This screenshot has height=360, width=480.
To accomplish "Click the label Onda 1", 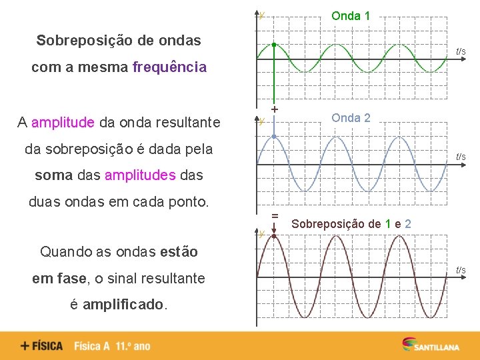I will click(351, 15).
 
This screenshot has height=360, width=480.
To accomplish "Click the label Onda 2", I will click(351, 118).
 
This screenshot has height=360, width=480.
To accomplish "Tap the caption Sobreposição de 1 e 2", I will click(351, 224).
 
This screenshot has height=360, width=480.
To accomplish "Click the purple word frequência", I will click(169, 67).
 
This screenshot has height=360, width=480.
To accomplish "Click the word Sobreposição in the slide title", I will click(81, 40).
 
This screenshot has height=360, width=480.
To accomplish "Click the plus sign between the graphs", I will click(274, 108).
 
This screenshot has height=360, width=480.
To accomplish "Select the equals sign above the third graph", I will click(274, 215).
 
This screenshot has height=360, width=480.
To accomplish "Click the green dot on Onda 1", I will click(274, 45).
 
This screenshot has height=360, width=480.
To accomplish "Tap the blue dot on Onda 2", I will click(274, 137).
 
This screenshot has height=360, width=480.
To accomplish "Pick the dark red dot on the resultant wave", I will click(274, 236).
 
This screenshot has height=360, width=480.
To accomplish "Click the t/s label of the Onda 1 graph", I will click(461, 51).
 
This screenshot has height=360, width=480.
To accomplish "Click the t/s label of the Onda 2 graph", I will click(461, 157).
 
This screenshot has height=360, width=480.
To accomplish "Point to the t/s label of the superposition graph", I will click(461, 270).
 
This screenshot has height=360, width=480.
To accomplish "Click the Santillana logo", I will click(429, 345).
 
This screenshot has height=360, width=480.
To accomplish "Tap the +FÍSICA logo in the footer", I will click(41, 346).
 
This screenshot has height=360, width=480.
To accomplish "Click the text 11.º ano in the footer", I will click(133, 346).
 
